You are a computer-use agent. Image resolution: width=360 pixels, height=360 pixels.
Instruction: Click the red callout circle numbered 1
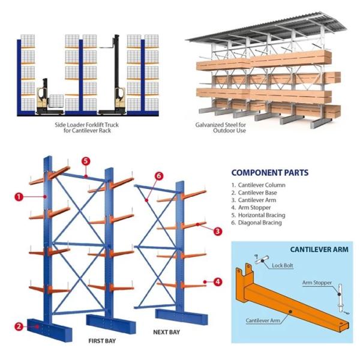tap(19, 196)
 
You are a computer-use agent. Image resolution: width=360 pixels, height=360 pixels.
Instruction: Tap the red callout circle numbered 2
tap(19, 326)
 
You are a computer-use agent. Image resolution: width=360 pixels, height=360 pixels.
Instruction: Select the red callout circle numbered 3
tap(217, 230)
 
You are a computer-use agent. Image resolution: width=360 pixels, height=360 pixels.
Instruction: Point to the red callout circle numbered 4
tap(217, 281)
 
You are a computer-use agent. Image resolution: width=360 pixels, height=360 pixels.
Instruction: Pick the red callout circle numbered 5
tap(86, 161)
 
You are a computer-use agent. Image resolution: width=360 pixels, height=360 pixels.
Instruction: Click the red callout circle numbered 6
tap(159, 176)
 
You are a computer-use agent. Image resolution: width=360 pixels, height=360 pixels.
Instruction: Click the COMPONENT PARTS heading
tap(269, 173)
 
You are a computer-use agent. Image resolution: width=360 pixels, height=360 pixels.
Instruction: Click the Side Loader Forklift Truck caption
tap(88, 127)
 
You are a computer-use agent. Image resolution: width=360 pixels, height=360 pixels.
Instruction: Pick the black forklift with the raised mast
tap(115, 84)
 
